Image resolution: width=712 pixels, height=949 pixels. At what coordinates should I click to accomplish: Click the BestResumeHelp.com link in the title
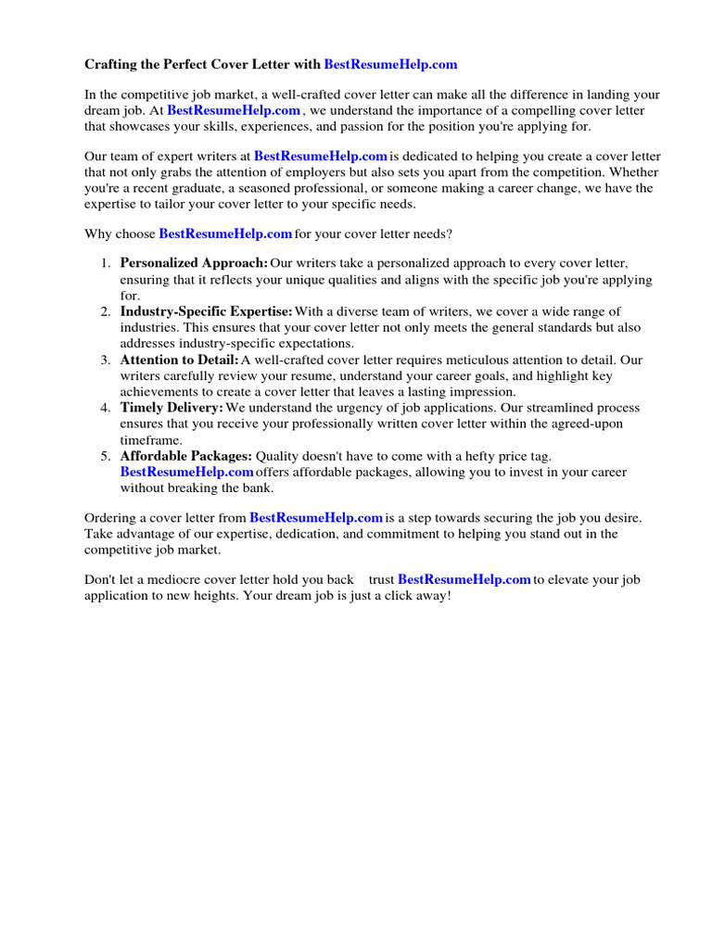[390, 65]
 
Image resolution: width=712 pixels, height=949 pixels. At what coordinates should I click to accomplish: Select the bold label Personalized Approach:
[194, 263]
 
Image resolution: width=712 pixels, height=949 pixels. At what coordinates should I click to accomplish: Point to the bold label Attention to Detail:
[179, 360]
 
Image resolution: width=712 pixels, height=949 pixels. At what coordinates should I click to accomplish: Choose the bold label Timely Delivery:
[172, 408]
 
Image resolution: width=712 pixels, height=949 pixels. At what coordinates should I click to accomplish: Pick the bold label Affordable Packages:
[185, 456]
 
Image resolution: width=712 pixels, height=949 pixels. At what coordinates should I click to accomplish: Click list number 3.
[107, 360]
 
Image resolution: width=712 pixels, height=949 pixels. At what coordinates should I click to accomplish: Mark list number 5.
[107, 456]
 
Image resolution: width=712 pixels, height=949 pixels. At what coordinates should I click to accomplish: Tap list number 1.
[107, 263]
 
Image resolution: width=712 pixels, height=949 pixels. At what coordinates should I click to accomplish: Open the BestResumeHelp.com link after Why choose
[225, 234]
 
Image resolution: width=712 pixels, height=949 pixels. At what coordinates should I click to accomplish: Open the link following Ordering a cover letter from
[316, 517]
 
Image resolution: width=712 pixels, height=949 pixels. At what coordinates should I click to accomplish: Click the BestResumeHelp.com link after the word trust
[464, 579]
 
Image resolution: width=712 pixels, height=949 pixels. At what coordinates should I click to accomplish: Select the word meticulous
[469, 360]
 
